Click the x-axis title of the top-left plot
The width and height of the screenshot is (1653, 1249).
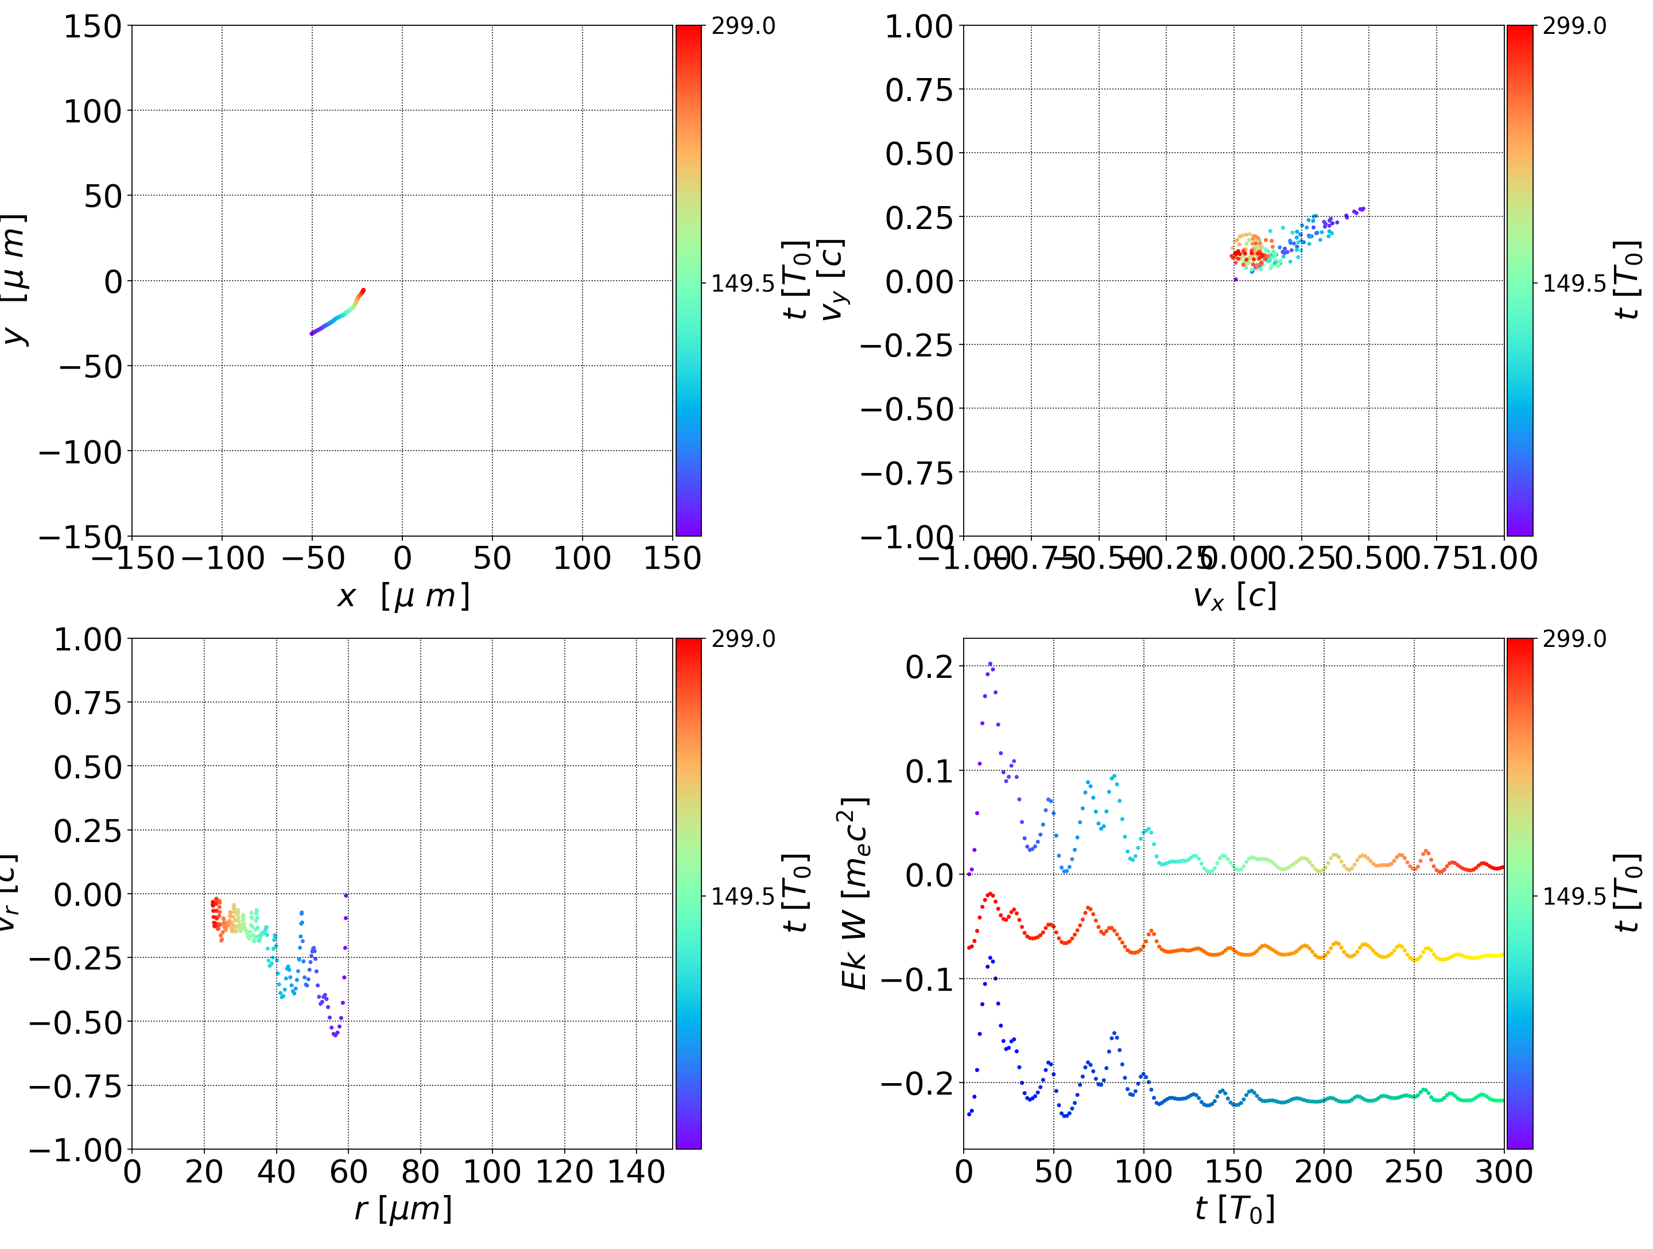point(403,596)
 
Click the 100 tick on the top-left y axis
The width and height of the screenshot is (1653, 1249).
point(92,111)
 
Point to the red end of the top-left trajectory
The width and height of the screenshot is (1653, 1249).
point(363,290)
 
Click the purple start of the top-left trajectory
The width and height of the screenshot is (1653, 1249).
point(312,333)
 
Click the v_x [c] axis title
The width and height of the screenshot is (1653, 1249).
point(1235,596)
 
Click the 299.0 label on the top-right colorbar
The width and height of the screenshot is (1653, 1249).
point(1574,26)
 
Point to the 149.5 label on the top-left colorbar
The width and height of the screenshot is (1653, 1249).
point(743,284)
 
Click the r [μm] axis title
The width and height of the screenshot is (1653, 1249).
point(403,1209)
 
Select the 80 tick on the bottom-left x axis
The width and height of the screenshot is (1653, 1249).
point(420,1172)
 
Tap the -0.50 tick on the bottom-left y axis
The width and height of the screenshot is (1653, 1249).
point(75,1022)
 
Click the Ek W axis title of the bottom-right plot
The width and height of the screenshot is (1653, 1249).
point(854,893)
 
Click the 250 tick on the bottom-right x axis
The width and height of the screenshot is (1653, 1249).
point(1414,1172)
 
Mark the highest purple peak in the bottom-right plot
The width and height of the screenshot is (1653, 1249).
point(990,663)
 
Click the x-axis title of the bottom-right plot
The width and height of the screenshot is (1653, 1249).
point(1235,1209)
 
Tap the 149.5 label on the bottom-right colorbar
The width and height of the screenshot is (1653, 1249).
point(1574,895)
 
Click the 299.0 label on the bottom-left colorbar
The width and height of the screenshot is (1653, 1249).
point(743,639)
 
